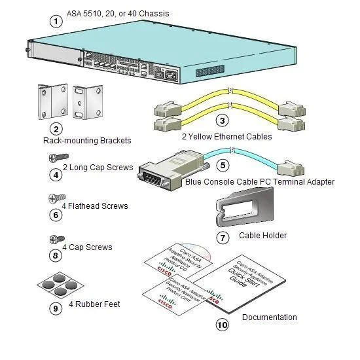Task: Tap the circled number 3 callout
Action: [223, 120]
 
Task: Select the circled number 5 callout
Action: [223, 166]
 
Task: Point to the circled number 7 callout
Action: [223, 237]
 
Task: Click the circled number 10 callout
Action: [223, 324]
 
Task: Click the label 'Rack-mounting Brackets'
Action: [87, 141]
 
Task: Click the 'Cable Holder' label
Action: [262, 236]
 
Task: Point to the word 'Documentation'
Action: [269, 317]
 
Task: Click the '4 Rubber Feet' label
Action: [95, 304]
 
